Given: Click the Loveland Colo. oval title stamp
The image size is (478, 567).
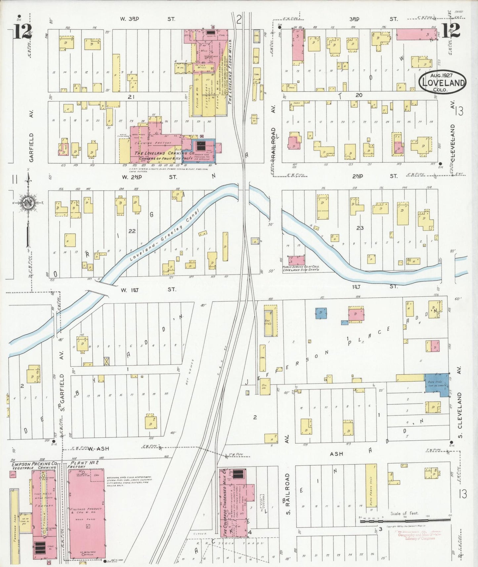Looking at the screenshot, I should [x=443, y=82].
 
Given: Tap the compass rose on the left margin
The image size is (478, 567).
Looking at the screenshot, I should [x=28, y=203].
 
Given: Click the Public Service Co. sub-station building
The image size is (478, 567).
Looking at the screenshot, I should [x=296, y=260].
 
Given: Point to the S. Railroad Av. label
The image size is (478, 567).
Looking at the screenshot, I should [x=287, y=494].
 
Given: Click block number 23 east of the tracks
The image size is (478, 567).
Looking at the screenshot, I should [x=360, y=228].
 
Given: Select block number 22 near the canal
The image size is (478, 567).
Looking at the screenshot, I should [x=132, y=231].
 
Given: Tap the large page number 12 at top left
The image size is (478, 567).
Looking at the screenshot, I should [x=22, y=31].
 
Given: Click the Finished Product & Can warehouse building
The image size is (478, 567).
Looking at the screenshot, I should [x=87, y=513].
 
